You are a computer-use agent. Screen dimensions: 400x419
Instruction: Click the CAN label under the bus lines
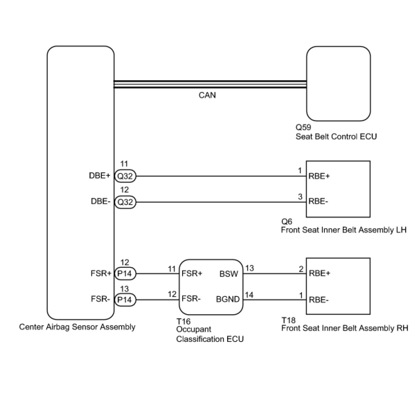tap(207, 95)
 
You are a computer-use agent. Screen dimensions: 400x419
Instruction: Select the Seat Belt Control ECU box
tap(338, 83)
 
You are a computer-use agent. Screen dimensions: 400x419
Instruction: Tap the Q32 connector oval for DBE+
tap(125, 176)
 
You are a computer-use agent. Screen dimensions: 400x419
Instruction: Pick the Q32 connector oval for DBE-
tap(125, 202)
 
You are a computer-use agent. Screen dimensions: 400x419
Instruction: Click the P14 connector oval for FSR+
tap(125, 274)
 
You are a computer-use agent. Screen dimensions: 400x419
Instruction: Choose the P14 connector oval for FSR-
tap(125, 300)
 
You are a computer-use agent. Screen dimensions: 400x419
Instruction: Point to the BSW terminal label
tap(229, 274)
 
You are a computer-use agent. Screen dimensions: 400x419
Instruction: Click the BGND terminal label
tap(228, 299)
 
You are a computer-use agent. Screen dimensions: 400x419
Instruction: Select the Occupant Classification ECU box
tap(211, 287)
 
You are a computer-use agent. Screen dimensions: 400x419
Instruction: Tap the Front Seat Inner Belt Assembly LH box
tap(338, 189)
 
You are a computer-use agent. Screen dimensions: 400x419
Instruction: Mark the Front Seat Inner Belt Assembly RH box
tap(338, 286)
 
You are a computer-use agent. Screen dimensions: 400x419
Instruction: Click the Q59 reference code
tap(303, 127)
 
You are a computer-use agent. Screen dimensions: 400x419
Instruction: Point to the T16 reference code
tap(183, 321)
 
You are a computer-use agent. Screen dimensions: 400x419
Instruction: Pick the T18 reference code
tap(288, 320)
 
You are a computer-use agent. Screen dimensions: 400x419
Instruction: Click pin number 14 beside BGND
tap(249, 295)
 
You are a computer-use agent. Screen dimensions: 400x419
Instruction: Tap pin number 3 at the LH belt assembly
tap(300, 197)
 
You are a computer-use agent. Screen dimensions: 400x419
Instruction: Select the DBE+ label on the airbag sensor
tap(100, 176)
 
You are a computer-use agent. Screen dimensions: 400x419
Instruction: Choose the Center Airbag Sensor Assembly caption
tap(77, 327)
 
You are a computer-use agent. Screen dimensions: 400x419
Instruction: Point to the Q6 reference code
tap(287, 221)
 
